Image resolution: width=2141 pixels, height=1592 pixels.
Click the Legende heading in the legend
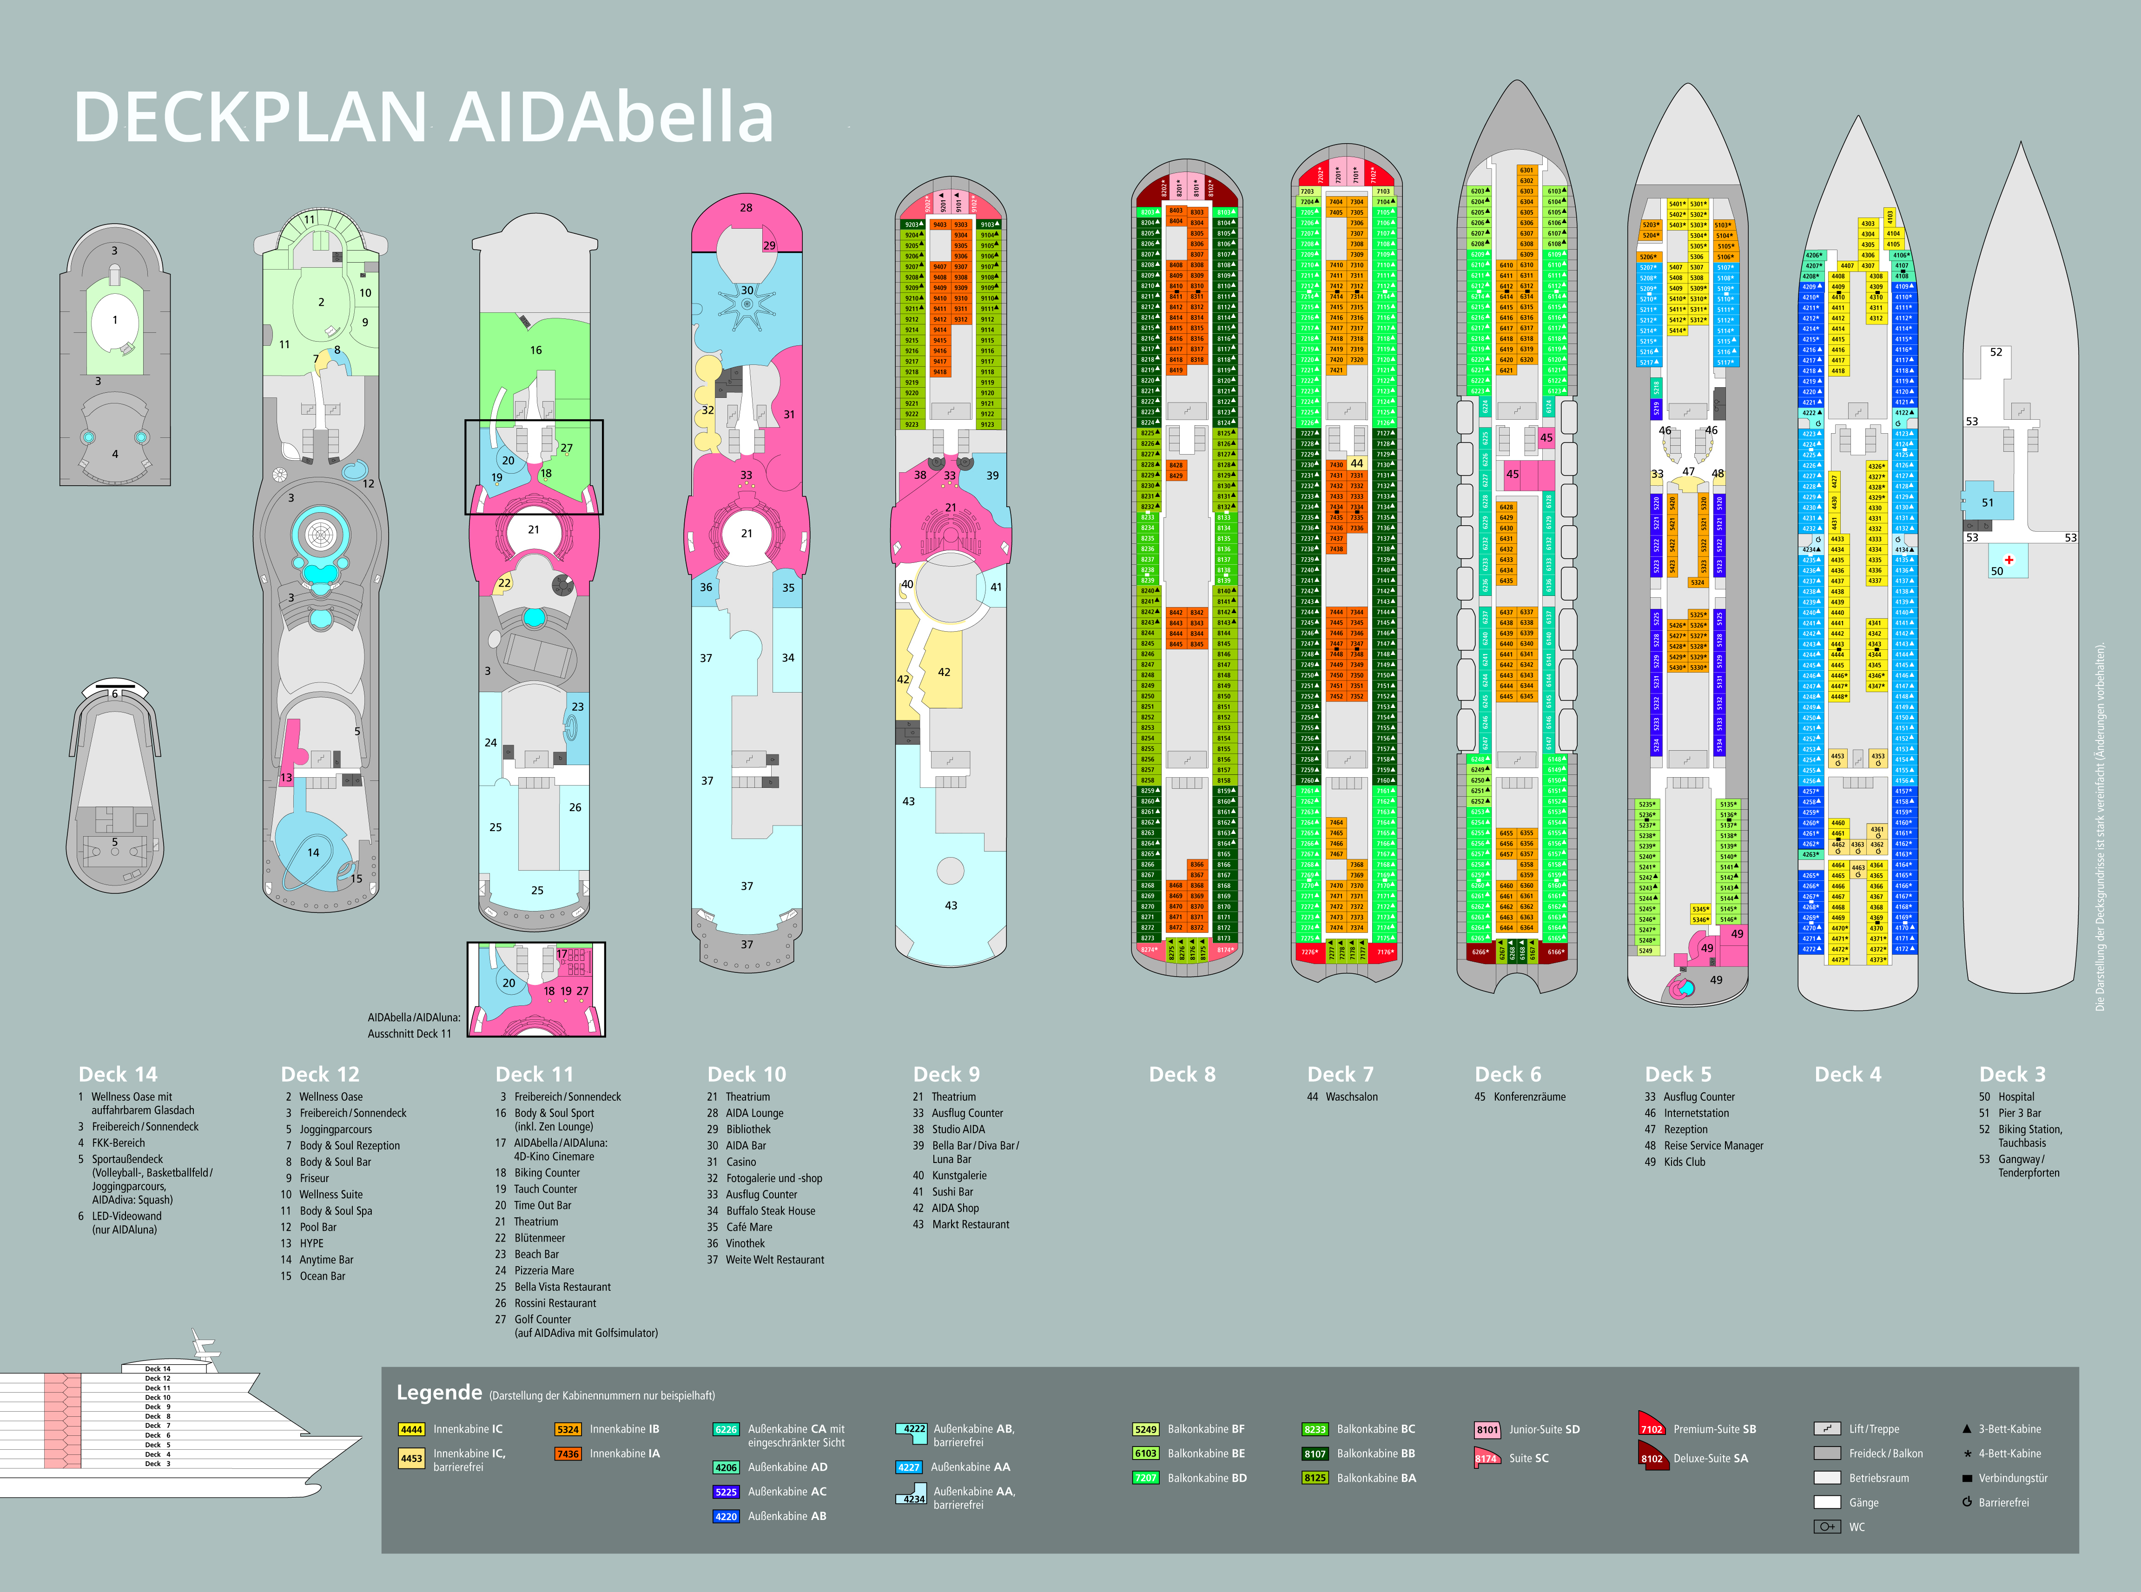coord(439,1393)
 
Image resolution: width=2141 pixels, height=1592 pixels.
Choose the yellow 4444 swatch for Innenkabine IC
coord(411,1429)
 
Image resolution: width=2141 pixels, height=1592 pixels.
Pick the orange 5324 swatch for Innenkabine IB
coord(568,1429)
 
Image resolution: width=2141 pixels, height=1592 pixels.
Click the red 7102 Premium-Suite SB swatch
coord(1652,1427)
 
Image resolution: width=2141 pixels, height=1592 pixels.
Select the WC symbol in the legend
coord(1827,1526)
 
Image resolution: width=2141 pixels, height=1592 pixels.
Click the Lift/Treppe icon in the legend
coord(1827,1429)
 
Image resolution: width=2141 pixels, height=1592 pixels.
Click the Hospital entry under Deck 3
coord(2016,1097)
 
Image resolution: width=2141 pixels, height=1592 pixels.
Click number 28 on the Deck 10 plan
coord(746,207)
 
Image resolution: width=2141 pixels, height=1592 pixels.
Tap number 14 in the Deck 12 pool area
coord(313,852)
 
